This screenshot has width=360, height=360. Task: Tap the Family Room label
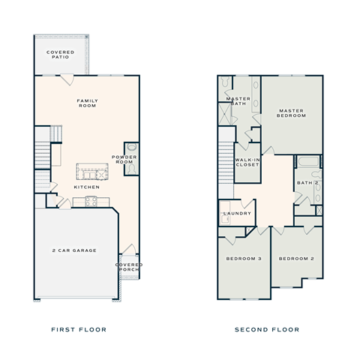coord(88,103)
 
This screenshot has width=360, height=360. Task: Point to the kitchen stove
coord(91,200)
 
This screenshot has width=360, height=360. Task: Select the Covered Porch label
coord(128,267)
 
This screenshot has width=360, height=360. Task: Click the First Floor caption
coord(78,329)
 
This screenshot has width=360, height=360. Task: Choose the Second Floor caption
coord(267,329)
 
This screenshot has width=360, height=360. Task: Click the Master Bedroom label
coord(292,113)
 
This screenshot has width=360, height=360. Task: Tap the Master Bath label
coord(238,102)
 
